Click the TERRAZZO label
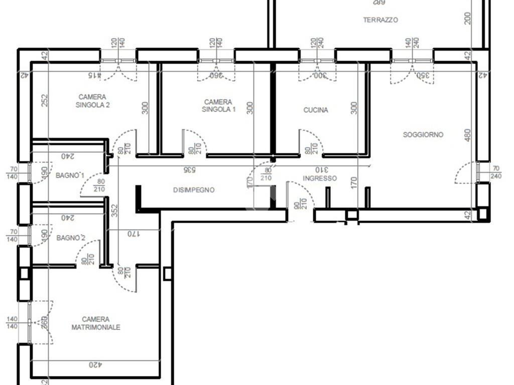(x=380, y=20)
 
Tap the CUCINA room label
(x=316, y=110)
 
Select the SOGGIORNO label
(x=423, y=134)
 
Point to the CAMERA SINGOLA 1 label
(x=218, y=105)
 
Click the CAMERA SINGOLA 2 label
(x=92, y=101)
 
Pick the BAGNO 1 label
(x=70, y=175)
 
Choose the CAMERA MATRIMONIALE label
(x=95, y=323)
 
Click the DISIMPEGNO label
(x=194, y=190)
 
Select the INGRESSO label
(x=320, y=178)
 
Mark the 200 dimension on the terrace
(x=468, y=19)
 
